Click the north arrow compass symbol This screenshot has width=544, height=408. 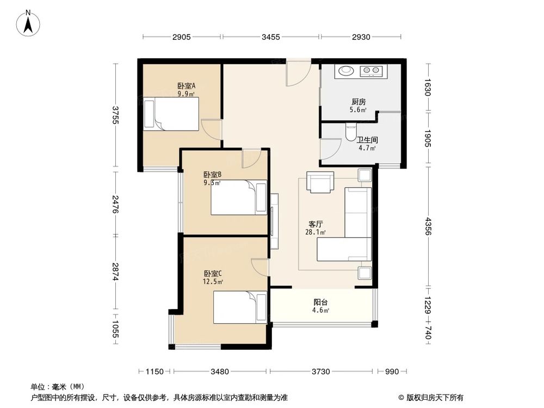coord(28,23)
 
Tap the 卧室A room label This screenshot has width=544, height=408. coord(187,85)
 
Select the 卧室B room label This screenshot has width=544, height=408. coord(212,174)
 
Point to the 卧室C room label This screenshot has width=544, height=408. coord(213,274)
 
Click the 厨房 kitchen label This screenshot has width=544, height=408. coord(358,102)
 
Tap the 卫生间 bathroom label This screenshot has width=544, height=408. coord(367,140)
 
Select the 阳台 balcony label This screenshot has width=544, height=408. coord(321,302)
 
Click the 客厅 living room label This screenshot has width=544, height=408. coord(316,224)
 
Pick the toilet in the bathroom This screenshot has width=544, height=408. coord(351,132)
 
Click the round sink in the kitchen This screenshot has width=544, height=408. coord(345,70)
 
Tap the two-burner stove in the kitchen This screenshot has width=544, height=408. coord(371,71)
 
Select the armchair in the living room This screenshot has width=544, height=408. coord(320,182)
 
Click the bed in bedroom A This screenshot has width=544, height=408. coord(171,114)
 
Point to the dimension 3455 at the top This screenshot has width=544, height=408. coord(270,37)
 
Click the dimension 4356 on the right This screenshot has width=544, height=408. coord(428,226)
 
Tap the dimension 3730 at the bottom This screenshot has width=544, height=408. coord(320,372)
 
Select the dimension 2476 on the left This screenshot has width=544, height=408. coord(115,204)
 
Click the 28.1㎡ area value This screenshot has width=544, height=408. coord(316,232)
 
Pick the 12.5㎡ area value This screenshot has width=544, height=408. coord(213,281)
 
